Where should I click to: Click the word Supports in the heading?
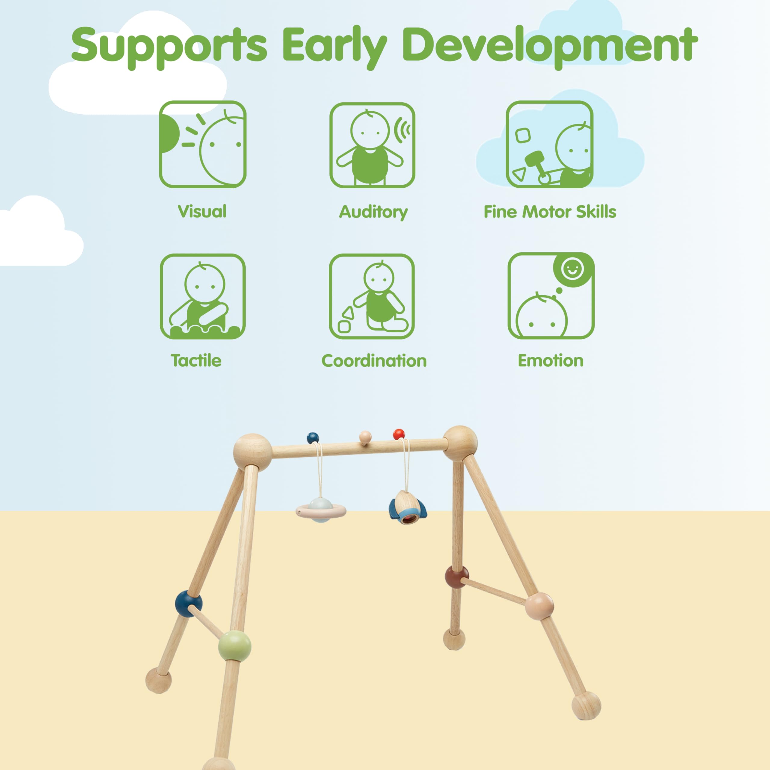pos(168,47)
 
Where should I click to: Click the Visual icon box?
pos(202,144)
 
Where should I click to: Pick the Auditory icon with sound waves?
pos(372,145)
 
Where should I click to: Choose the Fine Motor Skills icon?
pos(550,144)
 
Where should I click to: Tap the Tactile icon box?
pos(202,297)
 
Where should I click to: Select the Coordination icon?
pos(372,297)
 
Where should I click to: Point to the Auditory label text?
pos(374,212)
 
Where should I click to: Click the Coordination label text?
pos(374,361)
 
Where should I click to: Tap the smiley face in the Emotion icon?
pos(572,269)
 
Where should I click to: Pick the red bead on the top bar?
pos(399,434)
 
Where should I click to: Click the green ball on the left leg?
pos(235,646)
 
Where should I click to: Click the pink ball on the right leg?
pos(539,606)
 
